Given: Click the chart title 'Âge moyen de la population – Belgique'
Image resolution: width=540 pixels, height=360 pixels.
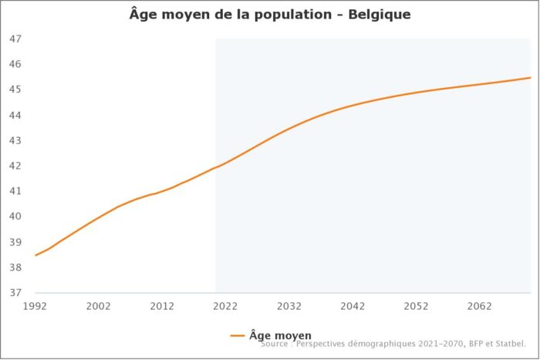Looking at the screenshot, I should tap(269, 15).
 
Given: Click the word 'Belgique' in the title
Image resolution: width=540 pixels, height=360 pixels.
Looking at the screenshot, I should tap(379, 15).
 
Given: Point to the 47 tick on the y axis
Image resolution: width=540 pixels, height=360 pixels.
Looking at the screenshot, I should tap(16, 39).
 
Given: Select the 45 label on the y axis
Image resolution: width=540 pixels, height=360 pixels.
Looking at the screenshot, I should tap(16, 89).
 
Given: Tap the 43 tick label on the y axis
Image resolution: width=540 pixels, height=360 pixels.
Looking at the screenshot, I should tap(16, 140).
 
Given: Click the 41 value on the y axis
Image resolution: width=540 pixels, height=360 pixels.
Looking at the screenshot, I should tap(16, 191).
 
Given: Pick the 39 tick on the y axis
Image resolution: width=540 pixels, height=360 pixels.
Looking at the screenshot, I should tap(16, 242).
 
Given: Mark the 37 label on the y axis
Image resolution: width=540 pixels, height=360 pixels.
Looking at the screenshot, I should tap(16, 293).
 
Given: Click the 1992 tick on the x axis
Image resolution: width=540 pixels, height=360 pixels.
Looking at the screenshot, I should tap(35, 306).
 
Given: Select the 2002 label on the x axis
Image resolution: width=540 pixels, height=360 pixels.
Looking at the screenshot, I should tap(99, 306).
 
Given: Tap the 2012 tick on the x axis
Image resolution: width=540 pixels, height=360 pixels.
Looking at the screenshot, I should tap(162, 306).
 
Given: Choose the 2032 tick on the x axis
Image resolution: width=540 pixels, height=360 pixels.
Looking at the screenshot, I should tap(289, 306).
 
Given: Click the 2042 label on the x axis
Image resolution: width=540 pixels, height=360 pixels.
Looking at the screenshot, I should tap(353, 306).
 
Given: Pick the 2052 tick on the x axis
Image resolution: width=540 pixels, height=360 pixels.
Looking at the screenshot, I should tap(416, 306).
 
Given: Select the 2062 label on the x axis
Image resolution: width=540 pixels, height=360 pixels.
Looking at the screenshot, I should tap(480, 306).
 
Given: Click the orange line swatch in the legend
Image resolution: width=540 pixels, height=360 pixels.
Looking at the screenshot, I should tap(238, 336).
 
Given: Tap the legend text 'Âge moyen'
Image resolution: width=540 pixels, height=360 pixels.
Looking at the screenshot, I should tap(280, 335).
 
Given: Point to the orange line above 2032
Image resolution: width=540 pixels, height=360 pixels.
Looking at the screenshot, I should tap(289, 128).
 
